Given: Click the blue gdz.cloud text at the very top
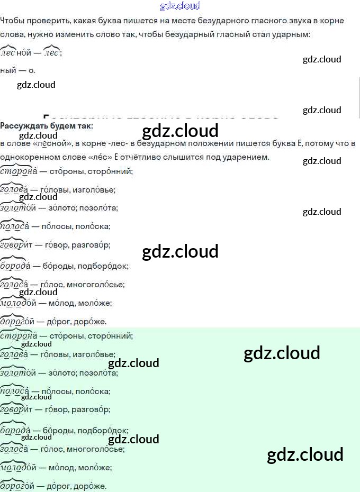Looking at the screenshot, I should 180,6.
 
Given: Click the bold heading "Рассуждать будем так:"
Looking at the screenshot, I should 47,125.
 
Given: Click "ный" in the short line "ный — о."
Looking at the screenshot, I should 8,70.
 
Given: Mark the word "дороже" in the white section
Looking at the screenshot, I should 92,321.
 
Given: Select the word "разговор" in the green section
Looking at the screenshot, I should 93,409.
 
